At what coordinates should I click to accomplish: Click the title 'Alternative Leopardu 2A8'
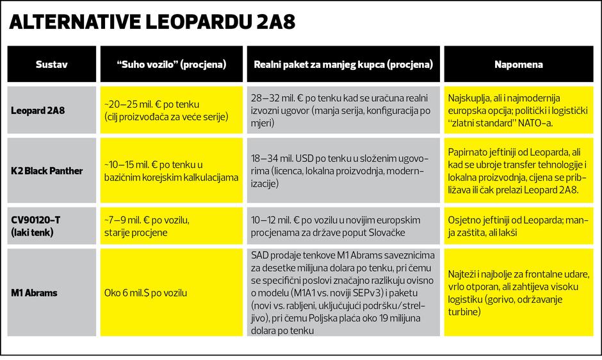[x=151, y=22]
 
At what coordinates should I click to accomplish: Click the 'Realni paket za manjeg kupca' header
[x=343, y=65]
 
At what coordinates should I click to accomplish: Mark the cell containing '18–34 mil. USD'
[x=342, y=170]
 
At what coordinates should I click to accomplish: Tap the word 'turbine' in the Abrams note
[x=464, y=312]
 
